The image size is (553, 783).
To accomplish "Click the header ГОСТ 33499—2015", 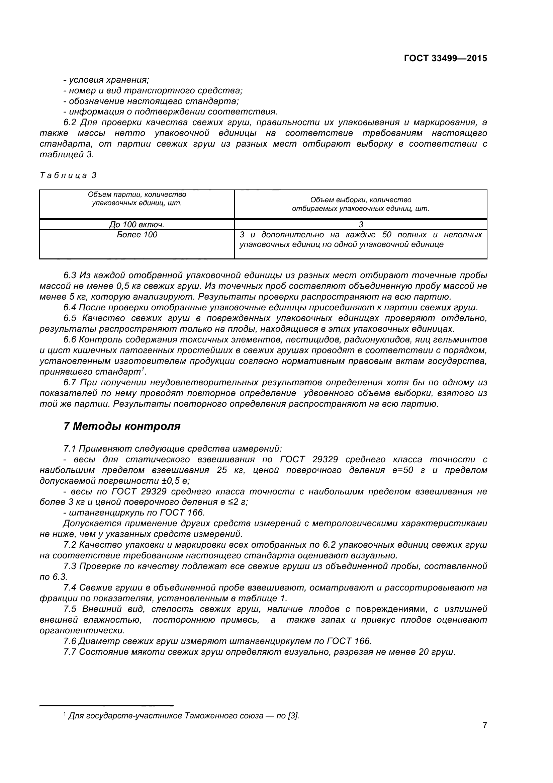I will tap(445, 58).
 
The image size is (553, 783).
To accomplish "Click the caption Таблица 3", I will tap(68, 176).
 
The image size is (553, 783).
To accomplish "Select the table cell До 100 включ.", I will tap(136, 224).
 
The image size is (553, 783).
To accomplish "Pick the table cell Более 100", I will tap(136, 235).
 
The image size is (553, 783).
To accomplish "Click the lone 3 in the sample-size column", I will tap(361, 224).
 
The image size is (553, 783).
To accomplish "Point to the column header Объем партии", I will tap(136, 199).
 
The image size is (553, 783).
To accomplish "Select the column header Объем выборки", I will tap(361, 204).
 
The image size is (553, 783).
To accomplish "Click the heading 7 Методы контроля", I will tap(122, 426).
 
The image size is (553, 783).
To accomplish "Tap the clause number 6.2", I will tap(70, 123).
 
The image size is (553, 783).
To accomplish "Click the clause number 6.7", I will tap(70, 383).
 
